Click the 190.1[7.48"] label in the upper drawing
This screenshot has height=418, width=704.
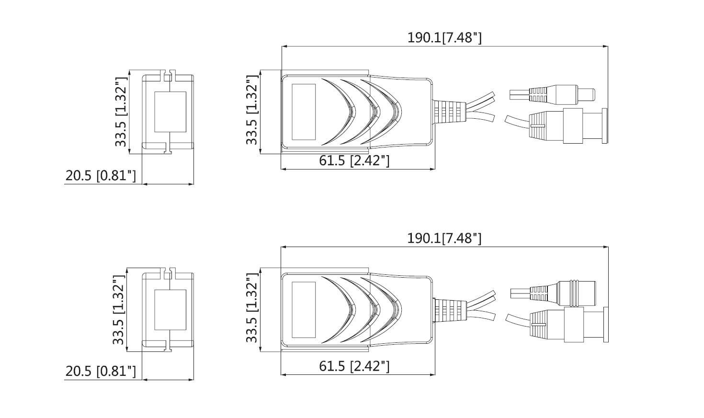coord(444,38)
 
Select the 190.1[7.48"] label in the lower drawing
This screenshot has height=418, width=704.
coord(444,238)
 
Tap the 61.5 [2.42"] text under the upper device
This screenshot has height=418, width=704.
coord(354,160)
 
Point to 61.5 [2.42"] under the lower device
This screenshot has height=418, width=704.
coord(354,367)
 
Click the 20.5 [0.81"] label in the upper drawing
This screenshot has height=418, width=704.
coord(101,176)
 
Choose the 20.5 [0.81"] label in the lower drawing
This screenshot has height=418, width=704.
coord(101,371)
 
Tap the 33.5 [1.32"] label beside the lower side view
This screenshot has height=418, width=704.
coord(252,309)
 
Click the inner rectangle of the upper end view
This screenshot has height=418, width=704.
coord(170,112)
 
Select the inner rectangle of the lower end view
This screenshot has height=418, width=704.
coord(170,310)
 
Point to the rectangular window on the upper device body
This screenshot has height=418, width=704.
coord(304,113)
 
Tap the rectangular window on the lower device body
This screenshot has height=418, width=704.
coord(304,310)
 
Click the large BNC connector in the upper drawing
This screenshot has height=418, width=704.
coord(570,126)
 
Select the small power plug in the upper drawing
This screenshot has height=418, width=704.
coord(556,94)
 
